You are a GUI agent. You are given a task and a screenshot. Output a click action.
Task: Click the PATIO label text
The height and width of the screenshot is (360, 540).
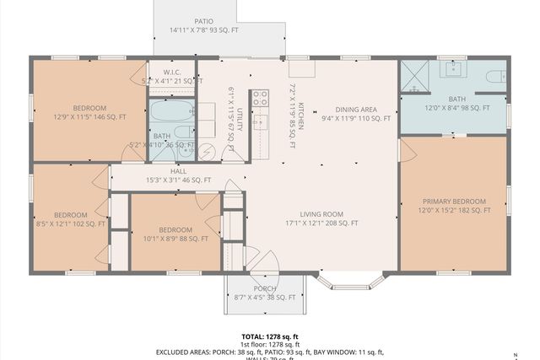(x=204, y=21)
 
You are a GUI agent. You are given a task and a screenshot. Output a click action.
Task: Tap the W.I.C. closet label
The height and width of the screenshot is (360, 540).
(x=172, y=73)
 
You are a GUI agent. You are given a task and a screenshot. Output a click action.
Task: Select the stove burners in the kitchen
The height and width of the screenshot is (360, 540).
(x=259, y=96)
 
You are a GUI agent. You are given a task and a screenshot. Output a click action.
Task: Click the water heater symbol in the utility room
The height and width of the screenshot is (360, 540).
(x=206, y=149)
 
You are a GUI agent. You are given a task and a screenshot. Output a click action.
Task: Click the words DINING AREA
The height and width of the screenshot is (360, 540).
(x=356, y=109)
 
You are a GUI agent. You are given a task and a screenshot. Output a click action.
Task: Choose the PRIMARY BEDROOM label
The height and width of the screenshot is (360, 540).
(x=454, y=201)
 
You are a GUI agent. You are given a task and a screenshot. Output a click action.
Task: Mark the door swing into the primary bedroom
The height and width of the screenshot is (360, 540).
(x=408, y=150)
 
